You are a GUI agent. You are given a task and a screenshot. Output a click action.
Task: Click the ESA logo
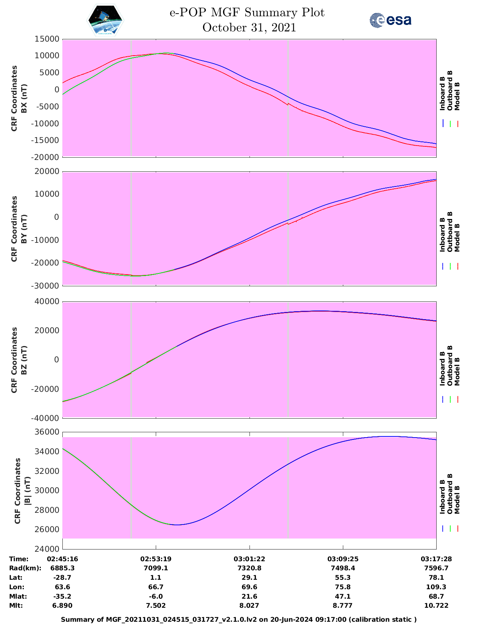tap(391, 20)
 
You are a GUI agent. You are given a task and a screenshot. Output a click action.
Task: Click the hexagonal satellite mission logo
tap(105, 20)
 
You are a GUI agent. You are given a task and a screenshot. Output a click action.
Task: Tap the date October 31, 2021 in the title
tap(249, 28)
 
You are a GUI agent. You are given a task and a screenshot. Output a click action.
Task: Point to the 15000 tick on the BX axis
tap(47, 39)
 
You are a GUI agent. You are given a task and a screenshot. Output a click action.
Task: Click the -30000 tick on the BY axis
tap(45, 286)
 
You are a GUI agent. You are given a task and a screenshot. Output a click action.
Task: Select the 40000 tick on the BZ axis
tap(47, 301)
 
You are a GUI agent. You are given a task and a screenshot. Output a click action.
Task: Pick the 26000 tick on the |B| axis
tap(47, 529)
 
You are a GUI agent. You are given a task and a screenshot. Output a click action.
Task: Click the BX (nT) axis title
tap(24, 98)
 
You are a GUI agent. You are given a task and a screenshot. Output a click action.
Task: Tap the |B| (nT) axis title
tap(28, 491)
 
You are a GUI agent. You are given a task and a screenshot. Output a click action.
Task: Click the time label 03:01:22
tap(249, 559)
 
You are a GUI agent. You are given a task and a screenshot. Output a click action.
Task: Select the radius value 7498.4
tap(343, 568)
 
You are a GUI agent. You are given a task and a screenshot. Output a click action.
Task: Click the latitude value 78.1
tap(436, 577)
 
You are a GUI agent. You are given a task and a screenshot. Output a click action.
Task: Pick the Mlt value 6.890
tap(62, 605)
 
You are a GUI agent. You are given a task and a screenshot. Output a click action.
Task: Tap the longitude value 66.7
tap(156, 587)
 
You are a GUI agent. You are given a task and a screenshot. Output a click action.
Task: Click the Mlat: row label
tap(18, 596)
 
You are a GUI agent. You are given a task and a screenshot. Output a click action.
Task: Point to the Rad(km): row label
tap(25, 568)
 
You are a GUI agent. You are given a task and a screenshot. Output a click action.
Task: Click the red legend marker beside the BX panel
tap(457, 124)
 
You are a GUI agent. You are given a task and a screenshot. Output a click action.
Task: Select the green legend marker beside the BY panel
tap(450, 266)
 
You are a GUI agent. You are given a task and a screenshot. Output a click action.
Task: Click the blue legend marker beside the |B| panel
tap(443, 528)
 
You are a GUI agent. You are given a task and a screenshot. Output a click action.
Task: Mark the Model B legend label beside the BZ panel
tap(457, 372)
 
